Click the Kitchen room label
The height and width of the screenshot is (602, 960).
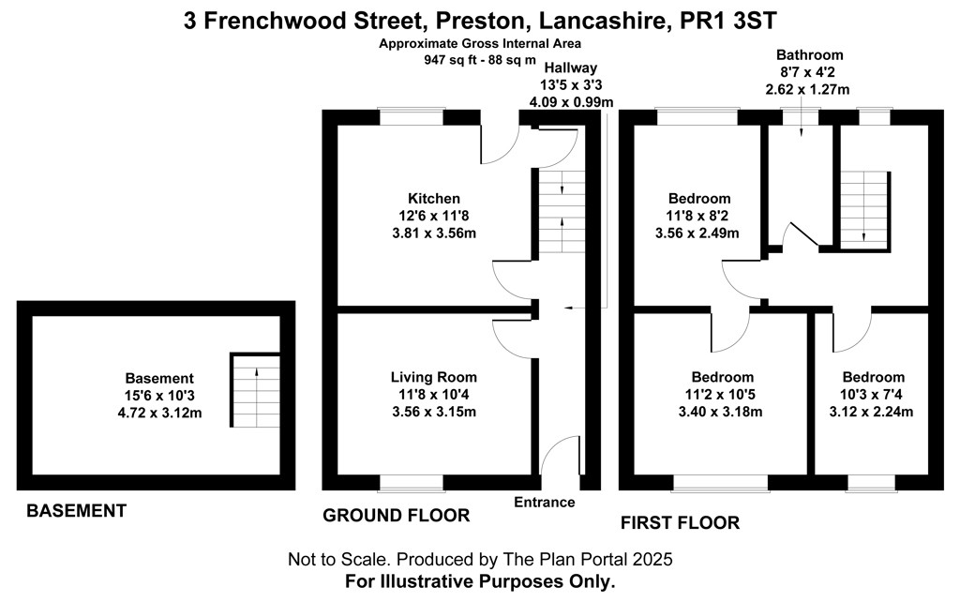coord(433,199)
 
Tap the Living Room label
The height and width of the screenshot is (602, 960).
coord(433,377)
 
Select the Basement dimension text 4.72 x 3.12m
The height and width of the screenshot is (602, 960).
coord(159,413)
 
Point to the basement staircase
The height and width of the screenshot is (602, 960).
coord(255,390)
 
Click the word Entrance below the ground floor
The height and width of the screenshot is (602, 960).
coord(545,503)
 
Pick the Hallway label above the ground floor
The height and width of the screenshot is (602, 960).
coord(571,68)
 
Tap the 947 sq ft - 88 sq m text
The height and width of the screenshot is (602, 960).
coord(480,60)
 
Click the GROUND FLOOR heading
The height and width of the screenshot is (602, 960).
coord(397,516)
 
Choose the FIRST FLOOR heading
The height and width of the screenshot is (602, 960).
coord(681,523)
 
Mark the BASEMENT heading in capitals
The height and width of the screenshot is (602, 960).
coord(77,511)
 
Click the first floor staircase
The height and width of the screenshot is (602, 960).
coord(863,211)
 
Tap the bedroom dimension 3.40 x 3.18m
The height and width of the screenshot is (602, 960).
coord(720,413)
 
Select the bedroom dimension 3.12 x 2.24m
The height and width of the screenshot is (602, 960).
coord(871,413)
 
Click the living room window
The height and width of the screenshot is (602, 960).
coord(411,483)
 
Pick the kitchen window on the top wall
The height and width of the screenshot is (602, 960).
coord(411,117)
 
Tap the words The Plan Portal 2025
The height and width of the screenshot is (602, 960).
coord(588,559)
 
